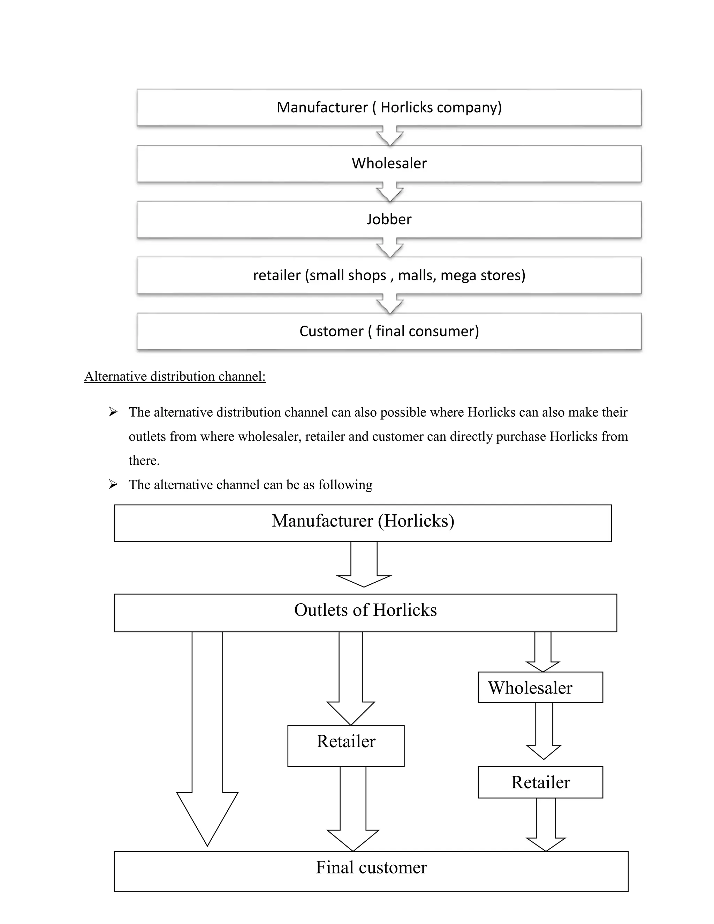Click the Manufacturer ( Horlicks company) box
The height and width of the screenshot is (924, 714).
(389, 107)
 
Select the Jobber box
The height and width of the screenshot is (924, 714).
(389, 219)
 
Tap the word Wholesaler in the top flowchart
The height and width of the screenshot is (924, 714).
(389, 163)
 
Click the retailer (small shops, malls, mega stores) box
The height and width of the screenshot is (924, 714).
(389, 275)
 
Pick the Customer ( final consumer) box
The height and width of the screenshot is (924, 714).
(389, 331)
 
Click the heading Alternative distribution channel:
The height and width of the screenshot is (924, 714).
(175, 376)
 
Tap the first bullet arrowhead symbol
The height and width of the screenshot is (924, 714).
(113, 412)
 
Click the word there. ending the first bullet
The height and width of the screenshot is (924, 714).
(144, 460)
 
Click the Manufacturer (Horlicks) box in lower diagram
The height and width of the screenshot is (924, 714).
(363, 523)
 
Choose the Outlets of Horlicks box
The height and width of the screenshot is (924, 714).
(365, 613)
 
